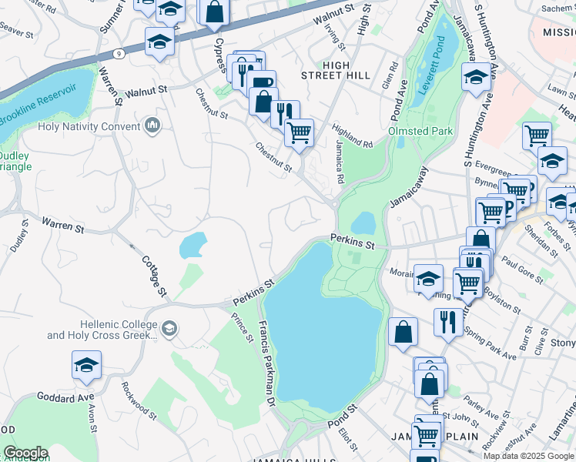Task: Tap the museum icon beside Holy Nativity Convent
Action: [x=152, y=126]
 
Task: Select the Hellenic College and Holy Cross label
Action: [x=100, y=330]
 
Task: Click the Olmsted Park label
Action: [x=420, y=131]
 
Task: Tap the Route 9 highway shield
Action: [x=118, y=53]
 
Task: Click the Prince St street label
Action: [x=246, y=326]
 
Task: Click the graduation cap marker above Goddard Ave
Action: [x=87, y=365]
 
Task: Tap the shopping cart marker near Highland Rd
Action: [x=299, y=132]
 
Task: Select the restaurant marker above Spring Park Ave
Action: [x=448, y=320]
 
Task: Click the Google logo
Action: [x=25, y=453]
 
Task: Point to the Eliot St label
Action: [x=347, y=439]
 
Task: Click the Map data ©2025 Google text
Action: [x=528, y=456]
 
